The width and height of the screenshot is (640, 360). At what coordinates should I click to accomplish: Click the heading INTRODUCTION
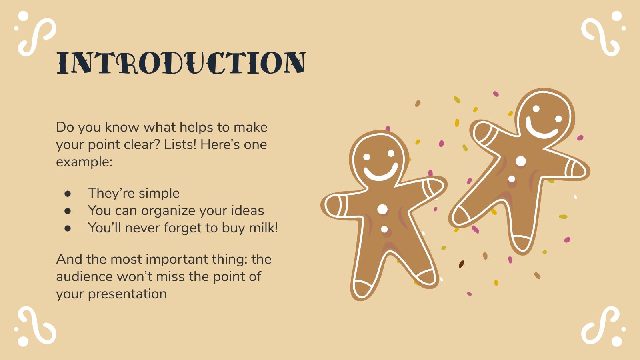pyautogui.click(x=181, y=63)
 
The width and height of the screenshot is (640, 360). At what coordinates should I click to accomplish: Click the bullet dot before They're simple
pyautogui.click(x=68, y=193)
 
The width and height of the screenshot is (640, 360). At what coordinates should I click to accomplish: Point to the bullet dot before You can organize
pyautogui.click(x=68, y=211)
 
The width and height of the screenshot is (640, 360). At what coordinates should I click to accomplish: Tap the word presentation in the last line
pyautogui.click(x=127, y=294)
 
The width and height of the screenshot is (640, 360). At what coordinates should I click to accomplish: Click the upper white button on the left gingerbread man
pyautogui.click(x=382, y=209)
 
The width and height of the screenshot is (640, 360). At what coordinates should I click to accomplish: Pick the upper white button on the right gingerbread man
pyautogui.click(x=521, y=161)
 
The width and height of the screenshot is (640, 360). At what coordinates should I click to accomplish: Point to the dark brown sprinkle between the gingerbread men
pyautogui.click(x=461, y=264)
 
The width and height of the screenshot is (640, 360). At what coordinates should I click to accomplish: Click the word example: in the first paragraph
pyautogui.click(x=84, y=162)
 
